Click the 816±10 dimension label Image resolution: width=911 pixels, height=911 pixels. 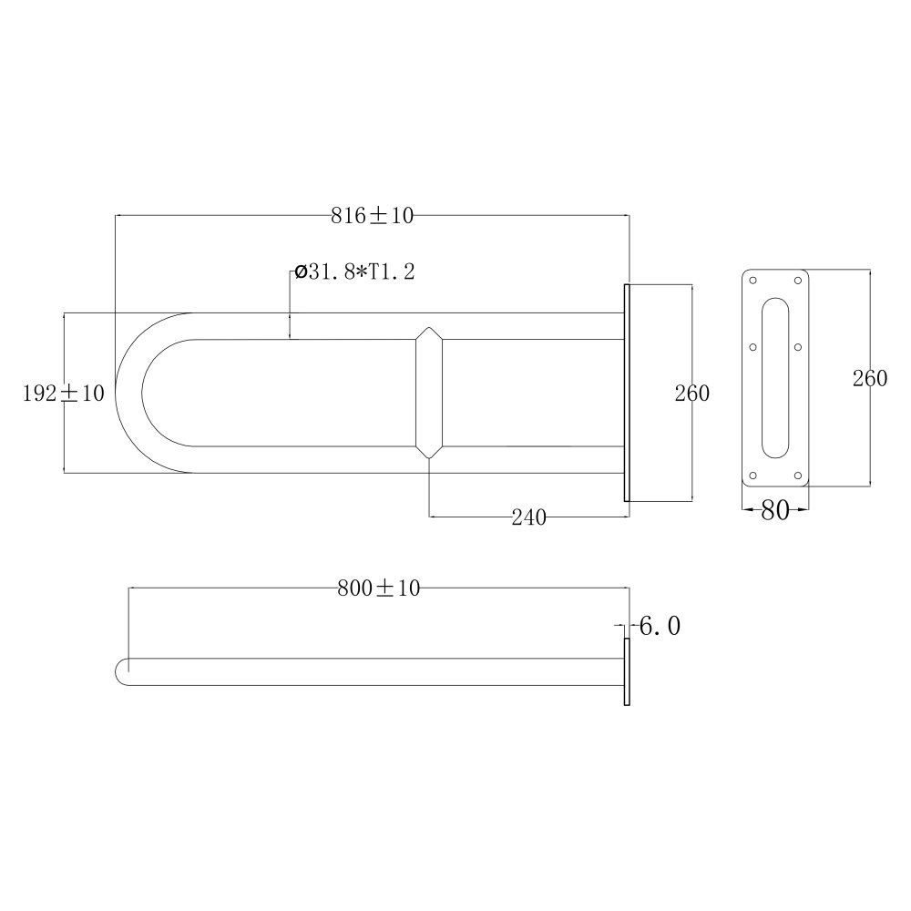pos(373,216)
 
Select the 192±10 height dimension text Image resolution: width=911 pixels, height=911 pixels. pos(64,394)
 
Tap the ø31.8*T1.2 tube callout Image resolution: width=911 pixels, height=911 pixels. pos(355,271)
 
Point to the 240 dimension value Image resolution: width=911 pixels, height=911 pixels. pos(528,517)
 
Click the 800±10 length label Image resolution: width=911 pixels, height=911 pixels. pos(379,588)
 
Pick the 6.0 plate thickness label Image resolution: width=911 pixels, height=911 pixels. pos(660,626)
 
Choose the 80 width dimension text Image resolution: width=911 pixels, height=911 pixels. pos(775,510)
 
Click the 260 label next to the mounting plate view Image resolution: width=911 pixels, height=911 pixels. pos(870,378)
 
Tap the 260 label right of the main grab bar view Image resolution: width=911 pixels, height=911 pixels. pos(692,394)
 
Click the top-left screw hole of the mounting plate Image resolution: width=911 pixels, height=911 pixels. pos(753,281)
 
